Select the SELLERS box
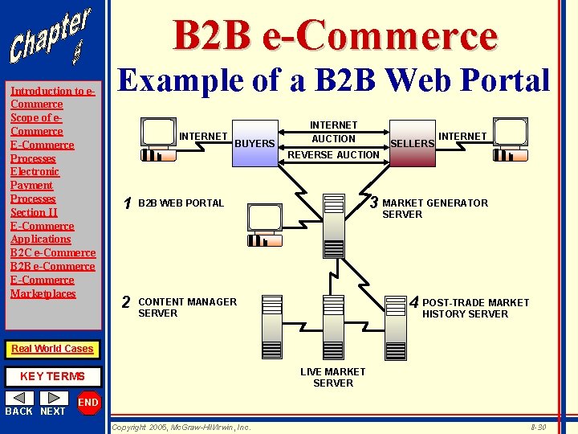pyautogui.click(x=412, y=144)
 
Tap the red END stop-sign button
pyautogui.click(x=88, y=403)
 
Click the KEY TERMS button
pyautogui.click(x=52, y=376)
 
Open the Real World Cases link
pyautogui.click(x=52, y=349)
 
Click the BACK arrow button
pyautogui.click(x=19, y=398)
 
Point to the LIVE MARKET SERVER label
pyautogui.click(x=332, y=377)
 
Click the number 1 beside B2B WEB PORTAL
pyautogui.click(x=126, y=203)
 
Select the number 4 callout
pyautogui.click(x=414, y=303)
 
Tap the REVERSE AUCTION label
pyautogui.click(x=333, y=154)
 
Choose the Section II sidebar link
pyautogui.click(x=34, y=212)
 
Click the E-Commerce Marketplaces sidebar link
pyautogui.click(x=43, y=286)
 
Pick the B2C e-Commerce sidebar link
pyautogui.click(x=53, y=252)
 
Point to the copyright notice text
pyautogui.click(x=181, y=427)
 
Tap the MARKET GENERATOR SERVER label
pyautogui.click(x=434, y=208)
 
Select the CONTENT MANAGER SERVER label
pyautogui.click(x=187, y=307)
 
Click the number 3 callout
pyautogui.click(x=373, y=202)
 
